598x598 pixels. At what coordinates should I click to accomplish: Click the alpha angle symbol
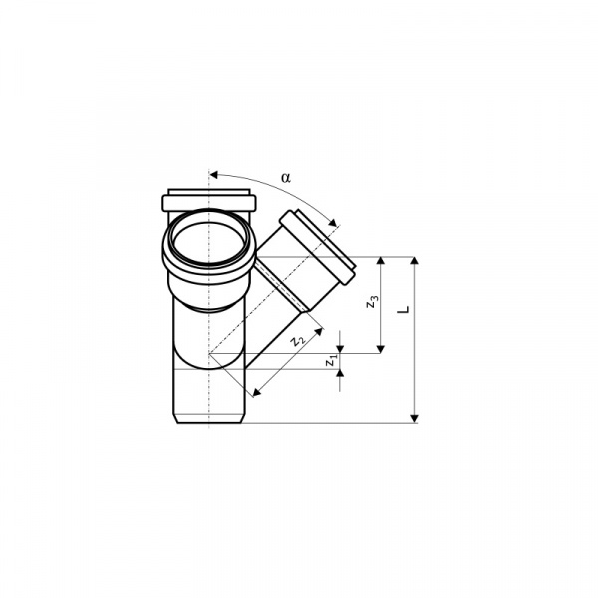point(286,178)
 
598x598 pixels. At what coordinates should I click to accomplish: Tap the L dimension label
point(403,309)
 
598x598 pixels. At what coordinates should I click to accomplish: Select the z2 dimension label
point(297,340)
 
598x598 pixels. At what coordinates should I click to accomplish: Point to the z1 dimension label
point(331,360)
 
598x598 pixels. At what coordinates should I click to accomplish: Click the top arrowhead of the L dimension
point(415,261)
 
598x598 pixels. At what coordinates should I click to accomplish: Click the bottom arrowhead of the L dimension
point(415,419)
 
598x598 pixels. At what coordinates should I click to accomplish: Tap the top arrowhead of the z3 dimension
point(381,261)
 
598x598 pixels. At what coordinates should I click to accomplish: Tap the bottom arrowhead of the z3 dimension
point(381,349)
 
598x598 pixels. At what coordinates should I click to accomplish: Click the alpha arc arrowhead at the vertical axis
point(214,175)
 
